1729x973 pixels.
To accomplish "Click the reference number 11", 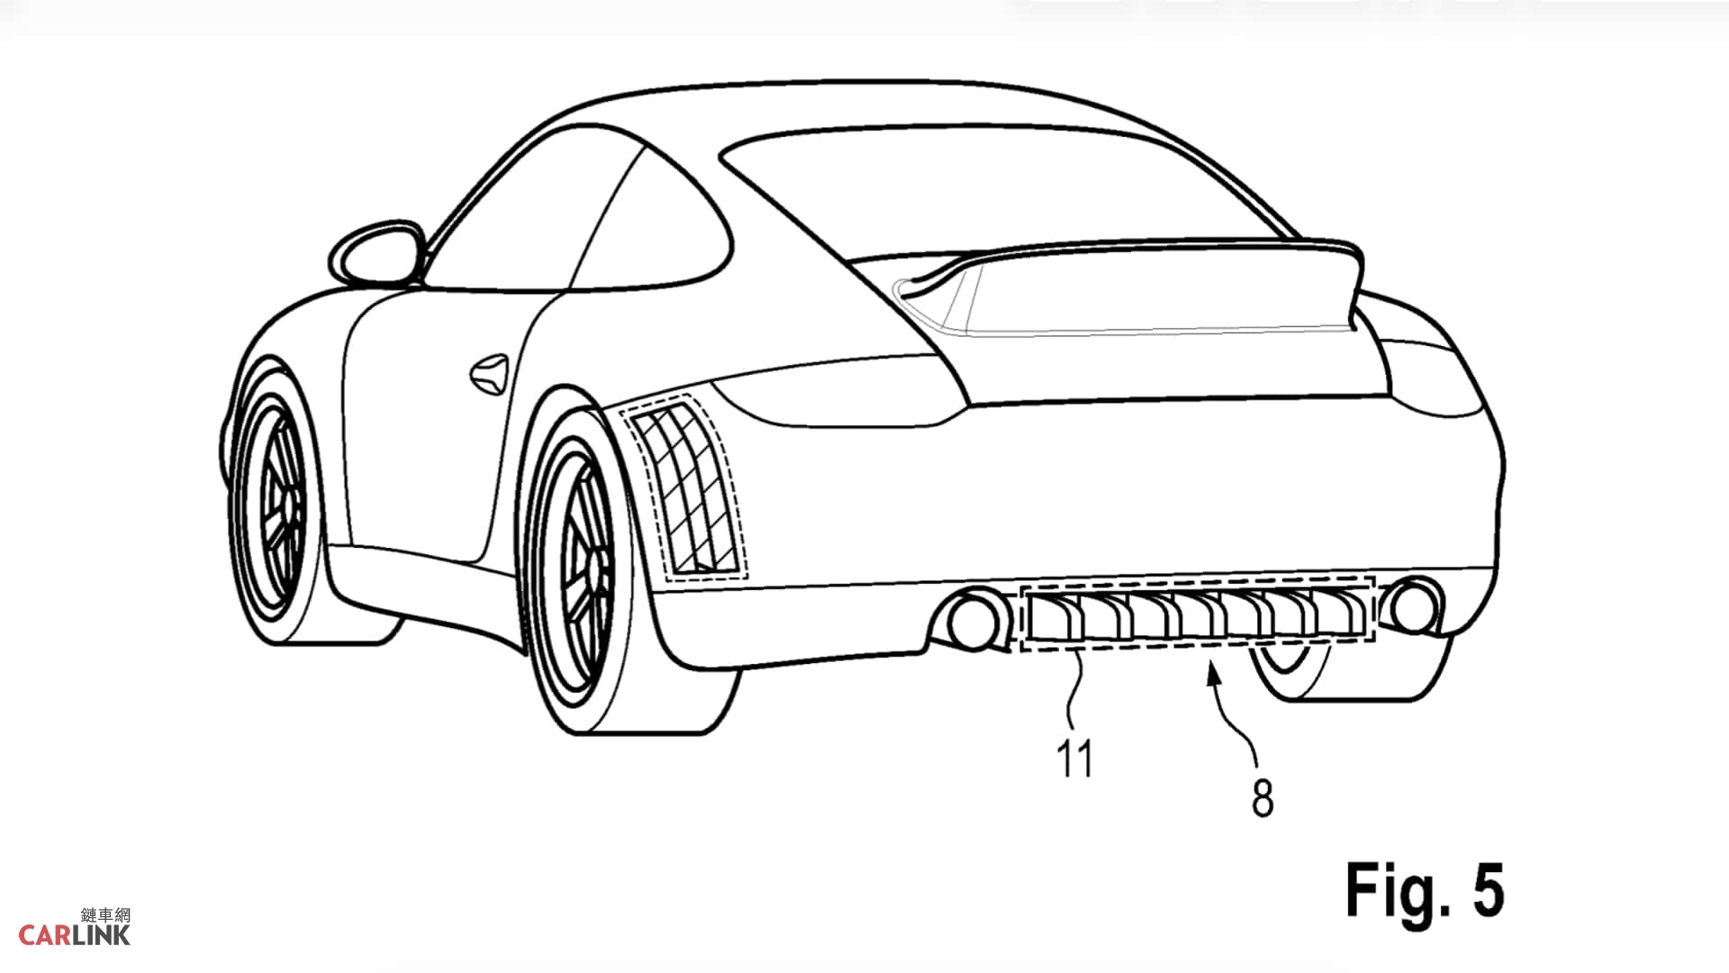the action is point(1075,759).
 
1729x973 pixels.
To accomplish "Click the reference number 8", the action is point(1263,797).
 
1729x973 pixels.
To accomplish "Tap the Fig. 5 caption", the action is point(1425,891).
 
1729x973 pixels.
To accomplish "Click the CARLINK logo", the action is point(75,928).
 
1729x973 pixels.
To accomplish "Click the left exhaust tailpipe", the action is point(971,617).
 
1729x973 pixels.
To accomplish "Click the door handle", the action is point(489,372).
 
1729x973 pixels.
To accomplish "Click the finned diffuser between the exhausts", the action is point(1197,613).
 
